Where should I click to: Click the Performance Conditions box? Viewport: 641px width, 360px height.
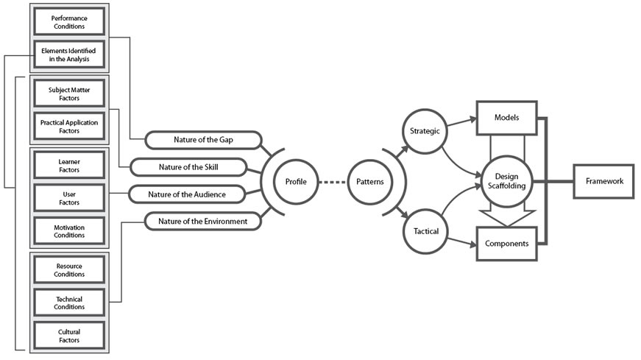pyautogui.click(x=68, y=21)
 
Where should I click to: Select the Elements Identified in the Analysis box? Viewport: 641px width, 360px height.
pyautogui.click(x=68, y=54)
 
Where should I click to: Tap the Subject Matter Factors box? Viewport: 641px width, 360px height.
pyautogui.click(x=69, y=93)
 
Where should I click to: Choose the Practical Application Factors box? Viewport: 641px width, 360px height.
pyautogui.click(x=69, y=127)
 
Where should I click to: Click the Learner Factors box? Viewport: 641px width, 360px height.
pyautogui.click(x=69, y=165)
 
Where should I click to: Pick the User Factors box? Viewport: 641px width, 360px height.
pyautogui.click(x=69, y=198)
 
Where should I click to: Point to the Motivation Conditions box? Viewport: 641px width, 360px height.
pyautogui.click(x=69, y=231)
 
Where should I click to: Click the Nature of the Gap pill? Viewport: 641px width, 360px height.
pyautogui.click(x=204, y=139)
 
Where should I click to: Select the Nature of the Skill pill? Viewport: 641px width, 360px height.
pyautogui.click(x=188, y=166)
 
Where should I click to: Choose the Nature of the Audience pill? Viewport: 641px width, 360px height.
pyautogui.click(x=186, y=194)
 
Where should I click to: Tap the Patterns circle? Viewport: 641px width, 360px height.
pyautogui.click(x=369, y=181)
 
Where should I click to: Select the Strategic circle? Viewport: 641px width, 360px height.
pyautogui.click(x=423, y=131)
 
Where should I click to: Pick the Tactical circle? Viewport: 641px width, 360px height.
pyautogui.click(x=423, y=231)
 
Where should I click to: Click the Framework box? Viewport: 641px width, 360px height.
pyautogui.click(x=603, y=181)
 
